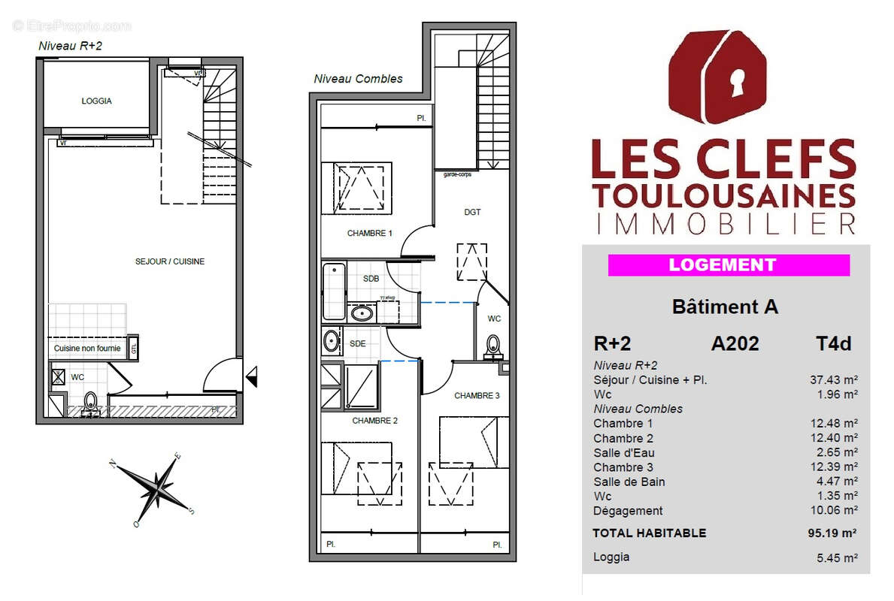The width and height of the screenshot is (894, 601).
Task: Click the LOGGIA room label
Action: click(x=96, y=101)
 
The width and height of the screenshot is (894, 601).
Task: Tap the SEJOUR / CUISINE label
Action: click(x=170, y=261)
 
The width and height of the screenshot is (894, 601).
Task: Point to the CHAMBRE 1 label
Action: click(x=369, y=234)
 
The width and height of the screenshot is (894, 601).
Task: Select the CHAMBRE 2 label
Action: click(x=375, y=421)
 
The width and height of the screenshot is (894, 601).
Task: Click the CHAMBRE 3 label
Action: click(x=476, y=396)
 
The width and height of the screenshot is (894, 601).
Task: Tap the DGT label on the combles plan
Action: click(x=472, y=213)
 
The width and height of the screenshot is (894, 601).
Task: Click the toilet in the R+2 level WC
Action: click(x=90, y=400)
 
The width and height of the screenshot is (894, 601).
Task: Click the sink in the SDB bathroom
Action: click(x=362, y=313)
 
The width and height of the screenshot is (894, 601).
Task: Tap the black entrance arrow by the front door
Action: click(x=252, y=372)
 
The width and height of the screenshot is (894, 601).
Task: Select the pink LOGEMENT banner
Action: click(x=728, y=265)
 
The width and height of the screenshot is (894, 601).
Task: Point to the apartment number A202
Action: click(x=735, y=343)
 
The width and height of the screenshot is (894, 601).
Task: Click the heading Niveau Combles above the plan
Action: click(x=358, y=79)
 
